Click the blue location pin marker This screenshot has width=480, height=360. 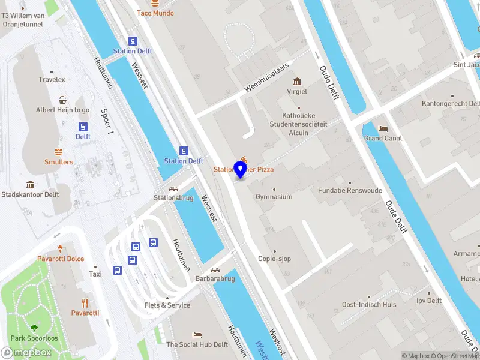[x=240, y=169]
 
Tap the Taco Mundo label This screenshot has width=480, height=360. [x=155, y=13]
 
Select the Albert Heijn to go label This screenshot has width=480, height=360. [x=63, y=110]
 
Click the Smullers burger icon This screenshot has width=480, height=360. [x=59, y=152]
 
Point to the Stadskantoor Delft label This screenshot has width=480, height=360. [x=30, y=194]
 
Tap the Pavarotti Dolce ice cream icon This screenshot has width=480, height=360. [x=60, y=248]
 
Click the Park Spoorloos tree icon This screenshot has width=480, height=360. [x=34, y=328]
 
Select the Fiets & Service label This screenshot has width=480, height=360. [x=167, y=305]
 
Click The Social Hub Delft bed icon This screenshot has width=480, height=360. [x=197, y=335]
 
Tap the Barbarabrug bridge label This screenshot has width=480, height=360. [x=215, y=279]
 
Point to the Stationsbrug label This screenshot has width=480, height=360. [x=174, y=197]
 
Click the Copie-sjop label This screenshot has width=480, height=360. [x=275, y=259]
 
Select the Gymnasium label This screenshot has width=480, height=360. [x=274, y=197]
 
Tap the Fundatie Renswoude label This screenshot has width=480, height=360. [x=350, y=191]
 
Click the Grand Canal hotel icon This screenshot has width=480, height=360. [x=383, y=128]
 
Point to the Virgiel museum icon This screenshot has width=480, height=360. [x=297, y=82]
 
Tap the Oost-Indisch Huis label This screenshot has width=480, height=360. [x=369, y=305]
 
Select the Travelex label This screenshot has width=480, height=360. [x=52, y=79]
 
